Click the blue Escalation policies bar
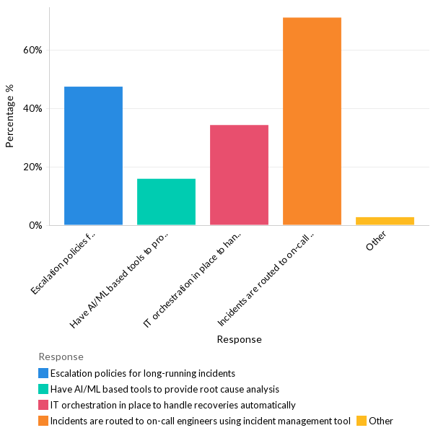[93, 156]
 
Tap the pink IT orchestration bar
[239, 175]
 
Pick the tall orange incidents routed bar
[312, 121]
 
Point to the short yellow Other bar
[385, 221]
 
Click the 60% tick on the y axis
[32, 51]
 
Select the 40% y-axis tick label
[32, 109]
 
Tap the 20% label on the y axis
[32, 167]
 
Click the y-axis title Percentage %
[10, 115]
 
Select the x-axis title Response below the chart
[239, 339]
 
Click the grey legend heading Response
[61, 357]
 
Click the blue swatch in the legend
[43, 373]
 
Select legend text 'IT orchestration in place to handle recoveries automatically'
[172, 405]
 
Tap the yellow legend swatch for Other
[362, 421]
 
